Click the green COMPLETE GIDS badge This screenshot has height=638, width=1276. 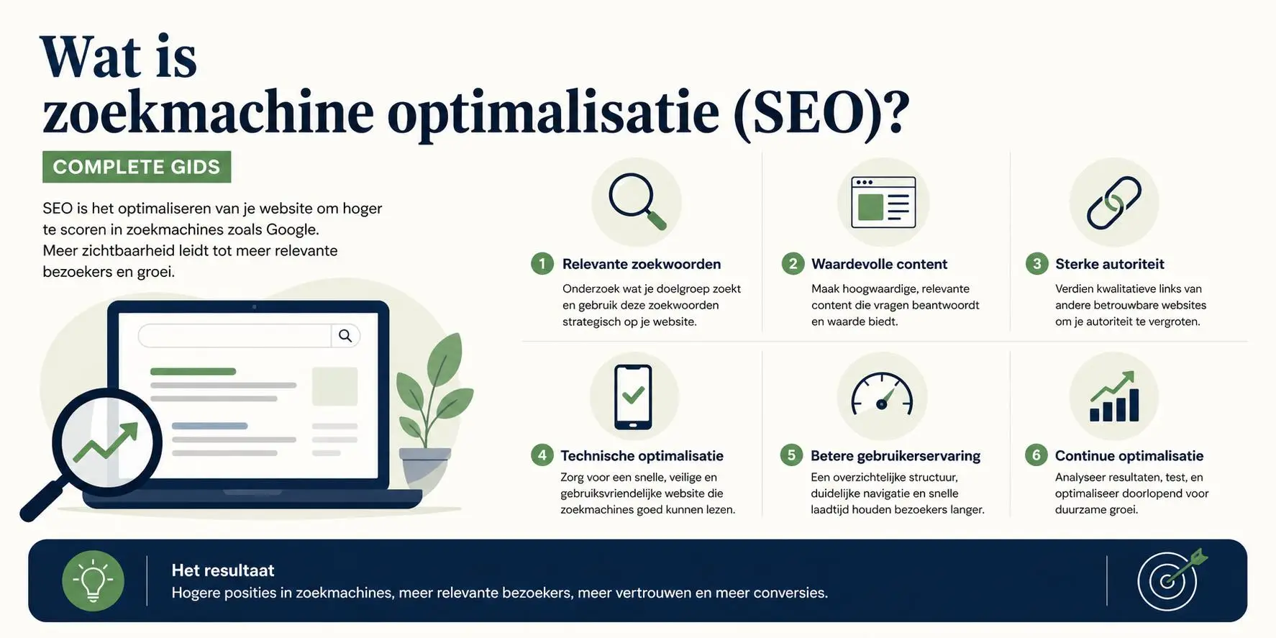(137, 167)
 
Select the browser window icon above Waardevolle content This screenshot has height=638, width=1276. (883, 202)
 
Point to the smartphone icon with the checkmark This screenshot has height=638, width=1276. (633, 397)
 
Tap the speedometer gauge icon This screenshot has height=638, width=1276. (882, 394)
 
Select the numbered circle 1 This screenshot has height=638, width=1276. (542, 264)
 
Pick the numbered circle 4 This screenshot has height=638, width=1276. (542, 455)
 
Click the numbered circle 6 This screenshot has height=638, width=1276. (1036, 455)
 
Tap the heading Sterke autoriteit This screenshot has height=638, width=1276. (1109, 264)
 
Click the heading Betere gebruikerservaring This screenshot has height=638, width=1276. (896, 456)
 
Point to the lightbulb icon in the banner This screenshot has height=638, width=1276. (93, 581)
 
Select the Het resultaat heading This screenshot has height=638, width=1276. (223, 570)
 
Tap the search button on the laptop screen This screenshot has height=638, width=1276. (345, 336)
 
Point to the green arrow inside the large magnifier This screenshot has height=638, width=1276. (106, 442)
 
